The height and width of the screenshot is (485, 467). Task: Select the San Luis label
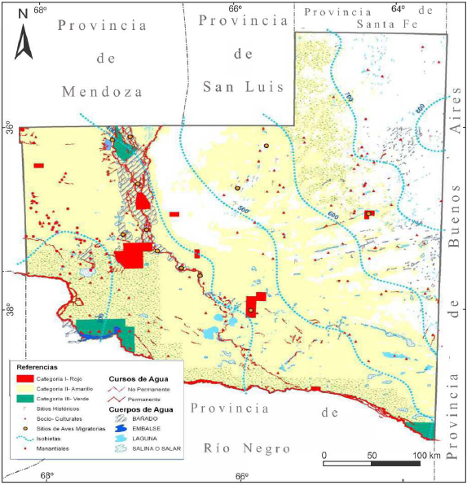[242, 85]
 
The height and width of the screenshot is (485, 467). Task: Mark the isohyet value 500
[243, 211]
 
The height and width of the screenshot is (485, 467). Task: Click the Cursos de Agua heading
[136, 378]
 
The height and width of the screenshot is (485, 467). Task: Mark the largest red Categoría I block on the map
[134, 256]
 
